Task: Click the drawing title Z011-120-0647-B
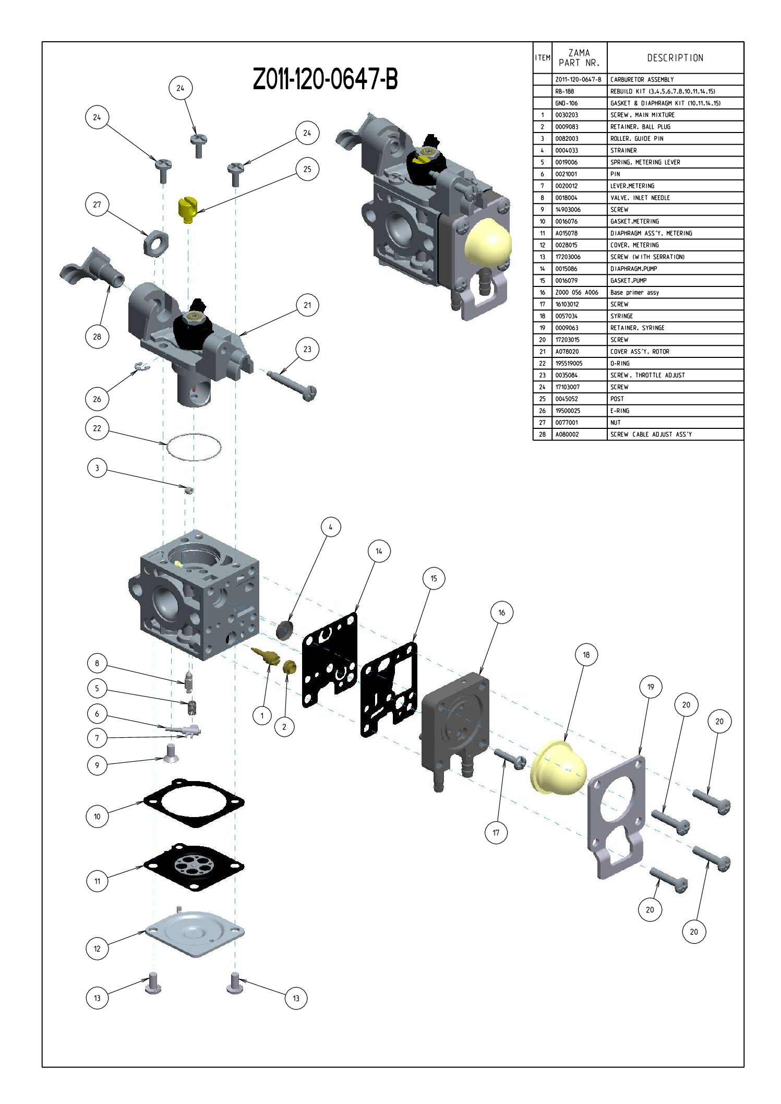pos(325,80)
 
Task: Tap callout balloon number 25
pos(307,169)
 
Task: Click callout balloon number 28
pos(97,337)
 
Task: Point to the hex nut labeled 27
pos(155,242)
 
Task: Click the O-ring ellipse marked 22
pos(194,447)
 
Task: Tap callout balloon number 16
pos(501,613)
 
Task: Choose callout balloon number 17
pos(496,833)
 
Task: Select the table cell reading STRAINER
pos(623,150)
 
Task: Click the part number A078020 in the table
pos(567,352)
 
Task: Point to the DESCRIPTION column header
pos(675,58)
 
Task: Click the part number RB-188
pos(564,91)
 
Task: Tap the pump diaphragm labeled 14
pos(330,659)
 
